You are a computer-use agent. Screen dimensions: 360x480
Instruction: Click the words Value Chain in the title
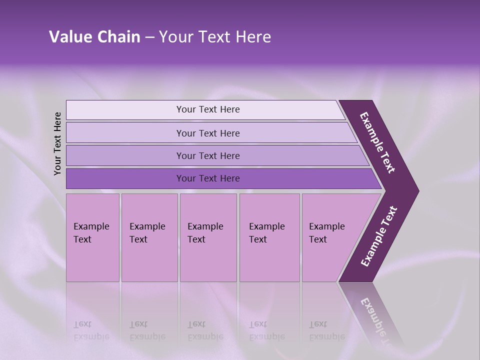[94, 37]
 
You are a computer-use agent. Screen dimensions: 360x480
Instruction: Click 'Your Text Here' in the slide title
[215, 37]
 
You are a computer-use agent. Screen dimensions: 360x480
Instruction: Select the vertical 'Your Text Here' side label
[57, 143]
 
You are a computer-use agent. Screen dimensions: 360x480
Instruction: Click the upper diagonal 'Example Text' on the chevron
[377, 142]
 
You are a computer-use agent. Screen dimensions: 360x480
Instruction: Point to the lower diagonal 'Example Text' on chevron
[378, 236]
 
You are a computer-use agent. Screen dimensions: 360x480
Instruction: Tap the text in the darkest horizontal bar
[208, 178]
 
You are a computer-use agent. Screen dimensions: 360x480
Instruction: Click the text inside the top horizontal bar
[208, 109]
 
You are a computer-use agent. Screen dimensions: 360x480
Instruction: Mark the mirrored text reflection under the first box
[91, 331]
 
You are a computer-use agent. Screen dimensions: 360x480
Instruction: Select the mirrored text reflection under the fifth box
[326, 331]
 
